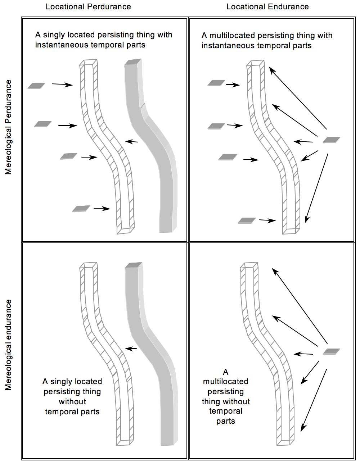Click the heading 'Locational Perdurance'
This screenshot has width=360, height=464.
click(x=88, y=7)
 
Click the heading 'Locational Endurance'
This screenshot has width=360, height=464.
click(x=267, y=7)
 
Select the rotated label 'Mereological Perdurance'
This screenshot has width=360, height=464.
click(x=8, y=127)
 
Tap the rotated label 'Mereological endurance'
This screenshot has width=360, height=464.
click(x=8, y=345)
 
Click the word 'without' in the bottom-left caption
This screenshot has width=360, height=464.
click(x=72, y=401)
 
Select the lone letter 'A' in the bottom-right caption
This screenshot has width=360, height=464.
click(x=226, y=372)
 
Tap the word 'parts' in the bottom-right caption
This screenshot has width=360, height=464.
click(x=226, y=421)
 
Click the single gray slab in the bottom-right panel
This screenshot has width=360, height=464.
click(x=331, y=351)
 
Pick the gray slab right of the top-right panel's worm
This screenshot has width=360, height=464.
click(x=331, y=140)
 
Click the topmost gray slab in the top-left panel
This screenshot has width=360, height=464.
click(x=36, y=86)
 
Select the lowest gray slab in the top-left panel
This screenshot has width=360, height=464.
click(x=81, y=209)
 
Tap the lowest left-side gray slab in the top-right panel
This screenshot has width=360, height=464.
click(x=247, y=220)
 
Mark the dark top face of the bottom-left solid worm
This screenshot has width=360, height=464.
click(x=134, y=265)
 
